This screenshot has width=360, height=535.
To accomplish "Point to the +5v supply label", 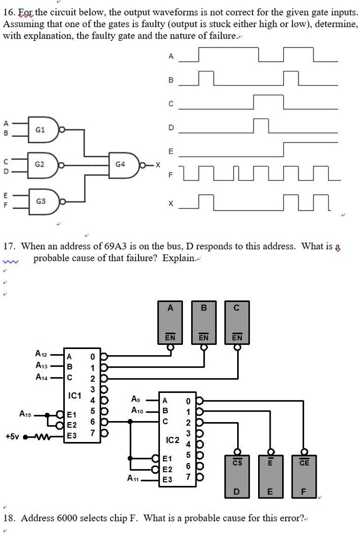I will [11, 435].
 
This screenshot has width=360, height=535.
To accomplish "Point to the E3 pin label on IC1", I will [72, 435].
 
